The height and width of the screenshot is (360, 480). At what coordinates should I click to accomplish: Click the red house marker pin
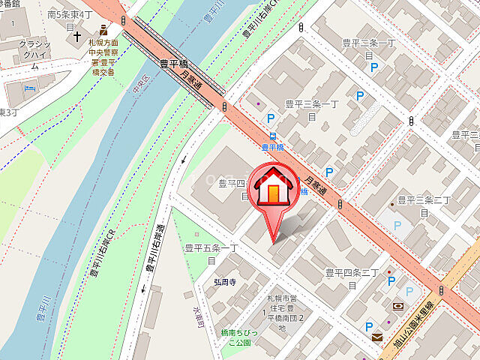pos(274,192)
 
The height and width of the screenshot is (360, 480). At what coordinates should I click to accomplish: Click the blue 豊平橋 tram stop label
pos(274,148)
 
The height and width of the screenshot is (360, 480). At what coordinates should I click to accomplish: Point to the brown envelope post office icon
pos(376,337)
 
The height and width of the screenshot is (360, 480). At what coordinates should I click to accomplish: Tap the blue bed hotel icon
pos(29,89)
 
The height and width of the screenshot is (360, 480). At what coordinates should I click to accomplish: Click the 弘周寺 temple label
pos(223,282)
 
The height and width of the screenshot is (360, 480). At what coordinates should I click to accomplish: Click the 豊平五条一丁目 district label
pos(211,253)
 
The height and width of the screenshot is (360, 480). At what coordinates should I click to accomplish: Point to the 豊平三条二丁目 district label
pos(424,206)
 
